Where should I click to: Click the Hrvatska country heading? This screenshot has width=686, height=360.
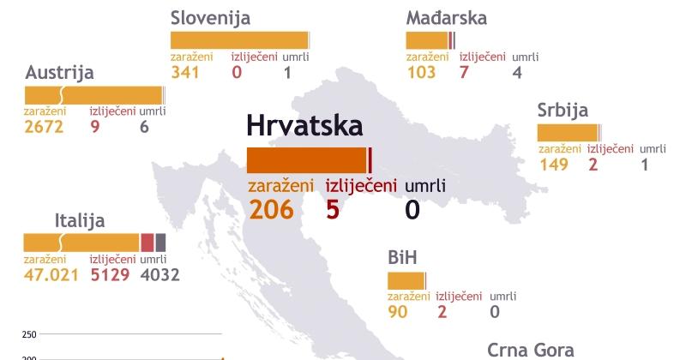304,126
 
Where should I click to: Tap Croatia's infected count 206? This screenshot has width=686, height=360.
271,208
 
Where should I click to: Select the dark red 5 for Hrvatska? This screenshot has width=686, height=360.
334,208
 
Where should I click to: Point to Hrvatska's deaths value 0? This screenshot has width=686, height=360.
412,208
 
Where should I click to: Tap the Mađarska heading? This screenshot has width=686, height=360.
447,18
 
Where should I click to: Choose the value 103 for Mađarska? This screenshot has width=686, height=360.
422,73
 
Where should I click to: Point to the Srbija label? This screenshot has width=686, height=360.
563,111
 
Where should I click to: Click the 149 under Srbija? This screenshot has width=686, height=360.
554,165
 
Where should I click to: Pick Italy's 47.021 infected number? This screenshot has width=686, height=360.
52,275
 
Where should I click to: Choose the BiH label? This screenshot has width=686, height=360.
404,258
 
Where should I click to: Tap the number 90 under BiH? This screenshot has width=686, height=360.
398,312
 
